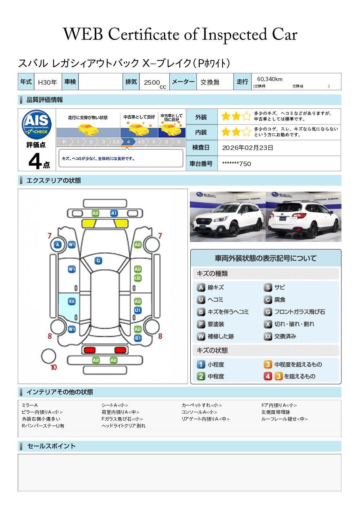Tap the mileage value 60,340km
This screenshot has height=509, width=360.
click(269, 79)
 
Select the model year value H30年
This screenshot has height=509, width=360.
click(47, 82)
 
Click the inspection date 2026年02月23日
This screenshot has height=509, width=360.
click(248, 148)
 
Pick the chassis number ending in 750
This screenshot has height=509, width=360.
click(236, 164)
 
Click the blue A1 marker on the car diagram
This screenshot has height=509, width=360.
click(114, 213)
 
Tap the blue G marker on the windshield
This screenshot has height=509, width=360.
click(98, 261)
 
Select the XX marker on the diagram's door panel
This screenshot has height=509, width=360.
click(72, 301)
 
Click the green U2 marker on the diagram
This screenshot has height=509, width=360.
click(137, 278)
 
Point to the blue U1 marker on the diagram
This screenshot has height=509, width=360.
click(137, 310)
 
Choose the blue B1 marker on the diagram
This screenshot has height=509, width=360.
click(137, 338)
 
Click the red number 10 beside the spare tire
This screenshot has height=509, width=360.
click(54, 367)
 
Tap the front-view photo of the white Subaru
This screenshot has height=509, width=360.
click(227, 216)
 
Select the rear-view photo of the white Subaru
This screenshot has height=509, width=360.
click(304, 216)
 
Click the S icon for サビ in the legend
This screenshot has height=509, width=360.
click(268, 287)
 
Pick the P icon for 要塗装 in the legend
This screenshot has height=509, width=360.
click(201, 324)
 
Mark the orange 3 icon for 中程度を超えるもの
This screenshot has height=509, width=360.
click(268, 364)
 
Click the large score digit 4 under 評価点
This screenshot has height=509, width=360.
click(35, 161)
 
